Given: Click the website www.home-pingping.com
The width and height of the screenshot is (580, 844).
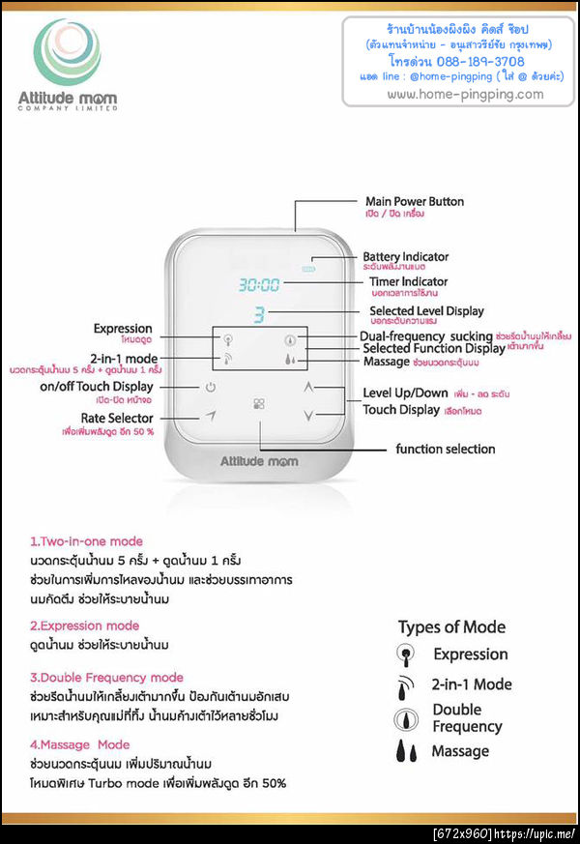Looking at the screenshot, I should point(465,94).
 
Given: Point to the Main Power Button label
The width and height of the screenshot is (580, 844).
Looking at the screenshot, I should point(414,202).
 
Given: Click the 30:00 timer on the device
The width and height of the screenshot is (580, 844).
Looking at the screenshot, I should point(259,285).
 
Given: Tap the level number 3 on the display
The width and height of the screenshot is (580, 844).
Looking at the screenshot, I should point(259,313).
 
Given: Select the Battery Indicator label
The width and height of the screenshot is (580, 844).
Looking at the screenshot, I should point(405,257).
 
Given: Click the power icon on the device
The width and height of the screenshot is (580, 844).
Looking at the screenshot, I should point(209,388).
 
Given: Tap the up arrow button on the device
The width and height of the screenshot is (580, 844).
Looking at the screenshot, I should point(308,386).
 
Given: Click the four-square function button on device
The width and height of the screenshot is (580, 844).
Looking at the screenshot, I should point(259,404).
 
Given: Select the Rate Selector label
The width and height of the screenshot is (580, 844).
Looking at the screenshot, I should point(117,418).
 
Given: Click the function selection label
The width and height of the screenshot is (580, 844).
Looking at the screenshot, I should point(445,449).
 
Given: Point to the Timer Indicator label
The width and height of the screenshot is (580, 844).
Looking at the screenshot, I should point(408,282).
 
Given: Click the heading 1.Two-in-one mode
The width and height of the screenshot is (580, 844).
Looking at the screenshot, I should point(86,541).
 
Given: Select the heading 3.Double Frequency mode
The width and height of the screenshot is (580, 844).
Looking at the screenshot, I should point(106,678).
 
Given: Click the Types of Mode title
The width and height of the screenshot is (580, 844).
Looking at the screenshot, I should point(451,626).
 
